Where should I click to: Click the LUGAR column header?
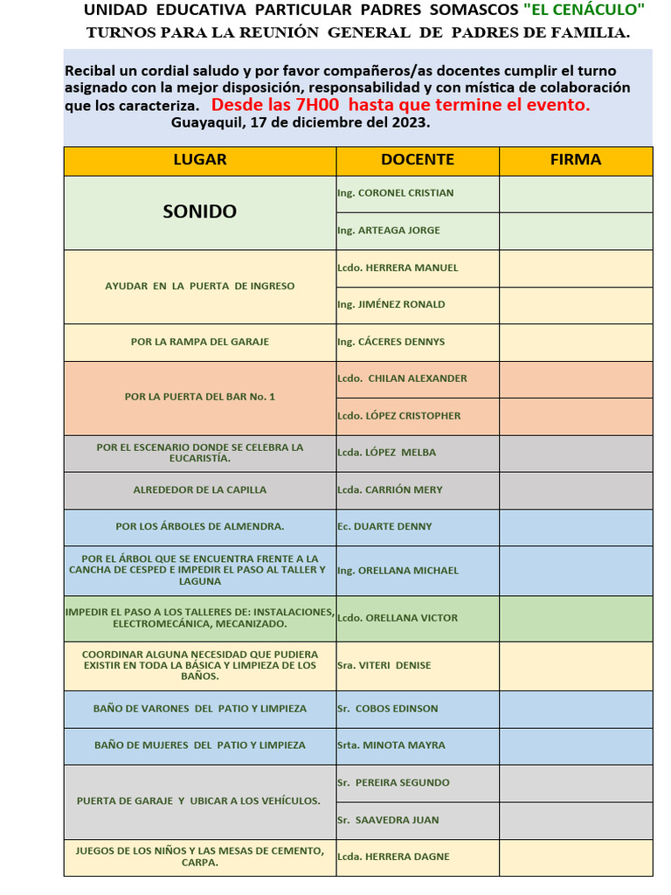[199, 160]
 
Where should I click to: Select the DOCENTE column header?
[418, 160]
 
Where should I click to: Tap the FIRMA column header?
[576, 160]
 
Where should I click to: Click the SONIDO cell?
[199, 212]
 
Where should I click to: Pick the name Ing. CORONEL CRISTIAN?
[396, 193]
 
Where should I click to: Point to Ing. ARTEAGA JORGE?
[389, 231]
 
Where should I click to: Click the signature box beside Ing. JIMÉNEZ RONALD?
[576, 305]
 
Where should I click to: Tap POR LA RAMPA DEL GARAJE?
[199, 342]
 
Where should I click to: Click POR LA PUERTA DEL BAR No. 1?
[199, 397]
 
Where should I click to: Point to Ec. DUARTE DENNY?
[384, 526]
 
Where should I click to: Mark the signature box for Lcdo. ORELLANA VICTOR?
[576, 618]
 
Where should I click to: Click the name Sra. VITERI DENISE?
[384, 665]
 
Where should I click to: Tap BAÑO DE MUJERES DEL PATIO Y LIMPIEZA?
[199, 746]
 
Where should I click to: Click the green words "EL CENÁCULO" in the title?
[584, 10]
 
